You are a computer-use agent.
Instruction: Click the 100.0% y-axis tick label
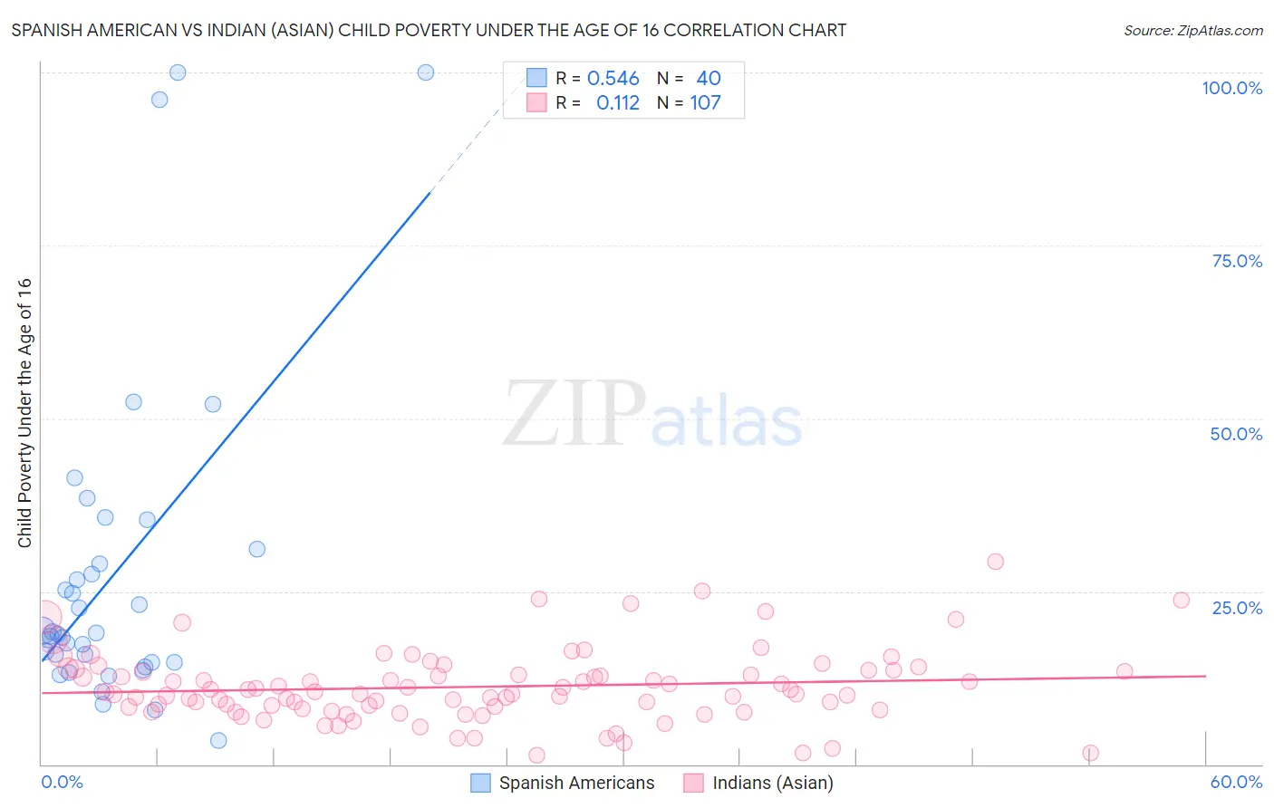[1231, 88]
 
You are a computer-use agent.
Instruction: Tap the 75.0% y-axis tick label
[1237, 261]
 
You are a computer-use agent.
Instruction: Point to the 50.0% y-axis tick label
[1236, 434]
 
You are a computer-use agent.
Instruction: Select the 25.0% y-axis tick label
[1237, 608]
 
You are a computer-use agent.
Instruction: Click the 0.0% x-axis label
[62, 782]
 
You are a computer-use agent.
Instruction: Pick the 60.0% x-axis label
[1236, 782]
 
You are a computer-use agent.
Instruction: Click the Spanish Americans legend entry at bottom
[576, 783]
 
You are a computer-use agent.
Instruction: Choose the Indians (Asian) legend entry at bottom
[772, 783]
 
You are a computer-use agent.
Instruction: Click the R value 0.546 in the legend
[613, 79]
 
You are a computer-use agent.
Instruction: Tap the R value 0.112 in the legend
[617, 103]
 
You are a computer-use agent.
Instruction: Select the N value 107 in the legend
[705, 103]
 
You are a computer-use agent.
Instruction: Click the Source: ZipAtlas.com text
[1192, 31]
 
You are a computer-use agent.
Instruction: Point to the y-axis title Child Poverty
[25, 412]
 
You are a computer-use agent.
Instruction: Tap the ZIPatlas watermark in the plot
[652, 414]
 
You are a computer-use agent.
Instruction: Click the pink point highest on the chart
[995, 562]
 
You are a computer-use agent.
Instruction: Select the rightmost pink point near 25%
[1181, 600]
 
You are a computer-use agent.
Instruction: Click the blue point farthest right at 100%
[425, 72]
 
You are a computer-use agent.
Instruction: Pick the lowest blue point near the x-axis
[218, 740]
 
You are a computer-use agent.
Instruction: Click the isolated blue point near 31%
[256, 549]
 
